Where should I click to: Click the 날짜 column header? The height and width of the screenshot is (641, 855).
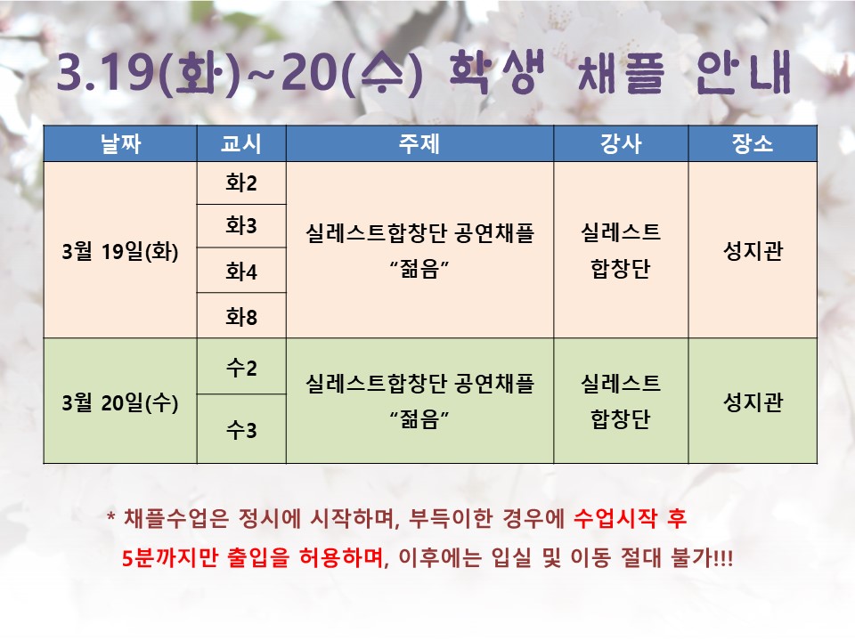point(120,143)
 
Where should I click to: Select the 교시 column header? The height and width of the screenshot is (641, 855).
point(241,143)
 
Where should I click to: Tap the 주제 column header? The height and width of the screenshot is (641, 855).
point(419,143)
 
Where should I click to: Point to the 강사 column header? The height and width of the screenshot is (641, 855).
point(621,143)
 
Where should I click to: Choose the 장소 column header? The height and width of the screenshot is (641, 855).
point(753,143)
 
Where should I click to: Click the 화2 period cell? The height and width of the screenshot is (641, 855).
point(241,183)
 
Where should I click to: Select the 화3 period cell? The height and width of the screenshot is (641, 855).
point(241,225)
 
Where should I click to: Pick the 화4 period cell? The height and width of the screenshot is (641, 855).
point(241,271)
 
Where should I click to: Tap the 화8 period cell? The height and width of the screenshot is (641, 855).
point(241,315)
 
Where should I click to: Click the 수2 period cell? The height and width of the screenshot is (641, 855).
point(241,366)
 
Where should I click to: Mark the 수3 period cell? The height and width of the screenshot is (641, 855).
point(241,429)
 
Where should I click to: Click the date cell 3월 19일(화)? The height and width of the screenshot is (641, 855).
point(120,251)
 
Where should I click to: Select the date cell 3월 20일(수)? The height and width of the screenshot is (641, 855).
point(120,402)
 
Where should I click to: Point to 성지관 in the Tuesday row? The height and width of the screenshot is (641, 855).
point(753,251)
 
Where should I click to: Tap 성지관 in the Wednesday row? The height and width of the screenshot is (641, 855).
point(753,402)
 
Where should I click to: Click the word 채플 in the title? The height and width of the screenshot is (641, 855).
point(621,73)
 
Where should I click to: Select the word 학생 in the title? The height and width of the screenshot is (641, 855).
point(496,72)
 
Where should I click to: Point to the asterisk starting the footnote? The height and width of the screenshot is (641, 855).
point(111,515)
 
